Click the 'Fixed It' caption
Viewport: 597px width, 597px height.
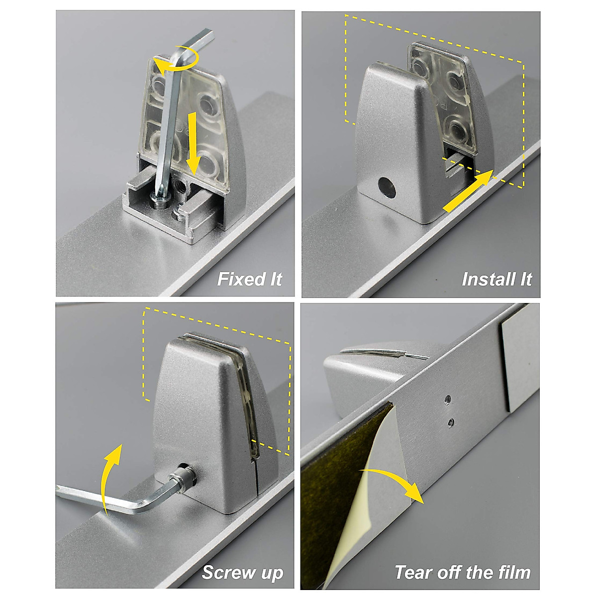tap(250, 279)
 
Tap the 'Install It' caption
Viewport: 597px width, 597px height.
tap(497, 280)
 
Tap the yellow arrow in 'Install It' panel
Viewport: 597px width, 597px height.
tap(468, 191)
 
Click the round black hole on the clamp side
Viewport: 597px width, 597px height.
tap(387, 188)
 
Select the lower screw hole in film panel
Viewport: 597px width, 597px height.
tap(451, 422)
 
